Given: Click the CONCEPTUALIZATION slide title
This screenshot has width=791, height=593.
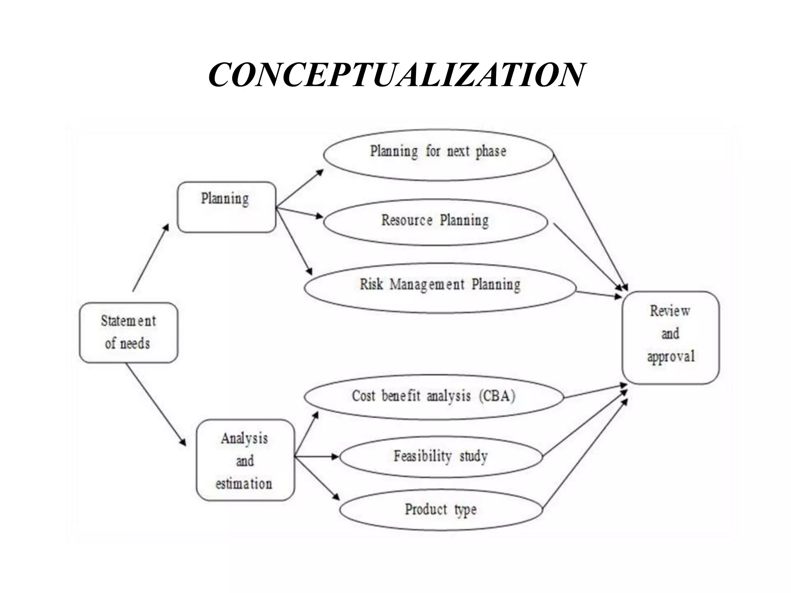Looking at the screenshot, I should click(396, 75).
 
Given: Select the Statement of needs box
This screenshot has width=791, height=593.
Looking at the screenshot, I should click(129, 332).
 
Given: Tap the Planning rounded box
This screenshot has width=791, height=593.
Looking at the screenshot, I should click(227, 207).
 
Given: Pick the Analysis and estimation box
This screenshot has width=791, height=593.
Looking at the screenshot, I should click(245, 460).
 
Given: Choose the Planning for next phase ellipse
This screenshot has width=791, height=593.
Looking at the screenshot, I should click(438, 154).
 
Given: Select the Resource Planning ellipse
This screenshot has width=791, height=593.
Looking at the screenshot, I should click(435, 222).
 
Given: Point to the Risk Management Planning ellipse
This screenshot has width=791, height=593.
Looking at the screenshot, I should click(440, 288).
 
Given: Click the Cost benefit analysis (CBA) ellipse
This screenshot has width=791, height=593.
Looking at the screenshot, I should click(433, 397).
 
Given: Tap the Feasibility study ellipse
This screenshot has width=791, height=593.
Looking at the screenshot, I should click(441, 457).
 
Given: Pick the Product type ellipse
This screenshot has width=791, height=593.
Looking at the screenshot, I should click(441, 510).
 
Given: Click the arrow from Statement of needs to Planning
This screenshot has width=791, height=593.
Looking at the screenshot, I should click(151, 258).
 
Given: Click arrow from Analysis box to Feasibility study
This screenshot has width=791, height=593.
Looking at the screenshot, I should click(317, 457).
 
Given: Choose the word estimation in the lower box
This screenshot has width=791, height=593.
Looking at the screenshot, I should click(244, 484).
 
